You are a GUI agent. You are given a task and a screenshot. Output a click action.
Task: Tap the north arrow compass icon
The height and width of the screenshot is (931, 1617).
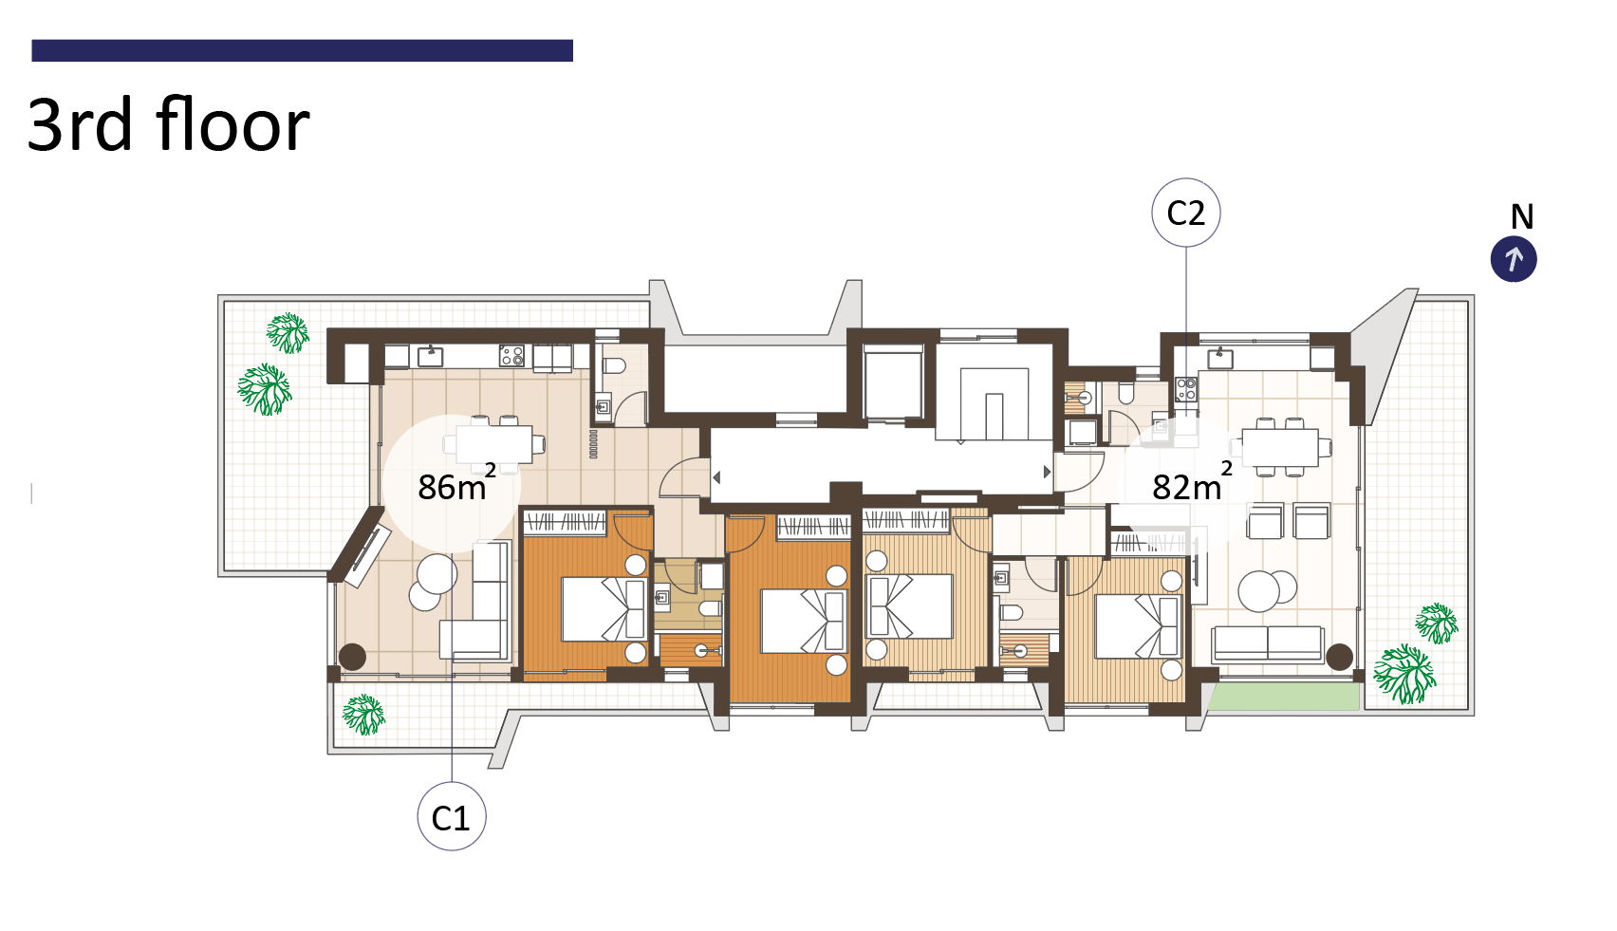coord(1514,259)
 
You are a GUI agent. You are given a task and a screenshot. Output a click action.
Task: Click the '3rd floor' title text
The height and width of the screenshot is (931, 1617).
coord(169,125)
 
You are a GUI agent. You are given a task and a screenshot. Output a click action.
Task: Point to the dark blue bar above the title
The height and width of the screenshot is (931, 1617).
coord(303,50)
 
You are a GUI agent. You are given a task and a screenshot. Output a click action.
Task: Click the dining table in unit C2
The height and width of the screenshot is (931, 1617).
coord(1281,447)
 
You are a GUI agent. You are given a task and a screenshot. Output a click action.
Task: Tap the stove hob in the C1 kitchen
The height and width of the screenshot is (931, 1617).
coord(511,356)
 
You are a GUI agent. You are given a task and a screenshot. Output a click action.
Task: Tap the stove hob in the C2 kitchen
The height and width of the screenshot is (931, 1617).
coord(1186,390)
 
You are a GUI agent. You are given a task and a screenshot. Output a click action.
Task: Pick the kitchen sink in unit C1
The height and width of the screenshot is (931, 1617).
coord(431,357)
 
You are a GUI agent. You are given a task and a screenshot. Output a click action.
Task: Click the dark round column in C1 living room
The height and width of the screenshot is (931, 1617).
coord(352,657)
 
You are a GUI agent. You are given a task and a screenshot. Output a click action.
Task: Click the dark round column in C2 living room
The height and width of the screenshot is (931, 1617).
coord(1339,658)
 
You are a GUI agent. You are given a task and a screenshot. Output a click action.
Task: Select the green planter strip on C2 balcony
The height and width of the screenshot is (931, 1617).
coord(1284,698)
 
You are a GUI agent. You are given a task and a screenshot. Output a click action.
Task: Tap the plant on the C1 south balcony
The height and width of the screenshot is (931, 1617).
coord(363,715)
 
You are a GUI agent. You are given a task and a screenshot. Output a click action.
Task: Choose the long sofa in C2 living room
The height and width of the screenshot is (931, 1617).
coord(1268,643)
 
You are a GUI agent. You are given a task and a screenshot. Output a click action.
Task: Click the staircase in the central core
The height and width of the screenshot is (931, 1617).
coord(994,404)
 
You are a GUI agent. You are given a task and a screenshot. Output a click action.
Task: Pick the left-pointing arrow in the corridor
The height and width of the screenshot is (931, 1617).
coord(716,477)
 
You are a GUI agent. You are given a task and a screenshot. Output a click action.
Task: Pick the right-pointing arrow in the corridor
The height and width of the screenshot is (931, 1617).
coord(1047,472)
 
